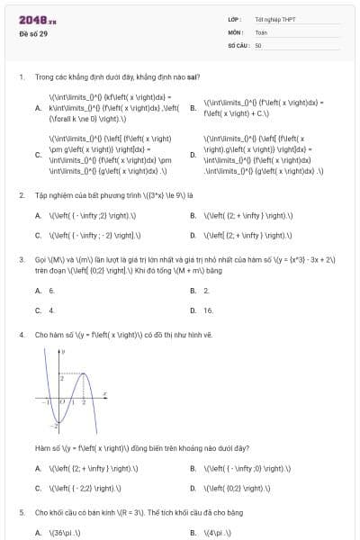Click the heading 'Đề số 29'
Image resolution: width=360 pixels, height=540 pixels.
tap(31, 33)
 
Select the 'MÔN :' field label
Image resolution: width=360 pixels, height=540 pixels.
tap(236, 31)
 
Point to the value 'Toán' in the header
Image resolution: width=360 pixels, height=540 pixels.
tap(260, 31)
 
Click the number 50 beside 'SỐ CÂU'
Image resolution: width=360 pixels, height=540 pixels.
tap(258, 44)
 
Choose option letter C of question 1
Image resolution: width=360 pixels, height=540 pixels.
tap(38, 154)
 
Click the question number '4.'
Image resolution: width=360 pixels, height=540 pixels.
tap(21, 334)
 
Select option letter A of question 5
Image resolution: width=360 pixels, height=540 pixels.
tap(38, 532)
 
